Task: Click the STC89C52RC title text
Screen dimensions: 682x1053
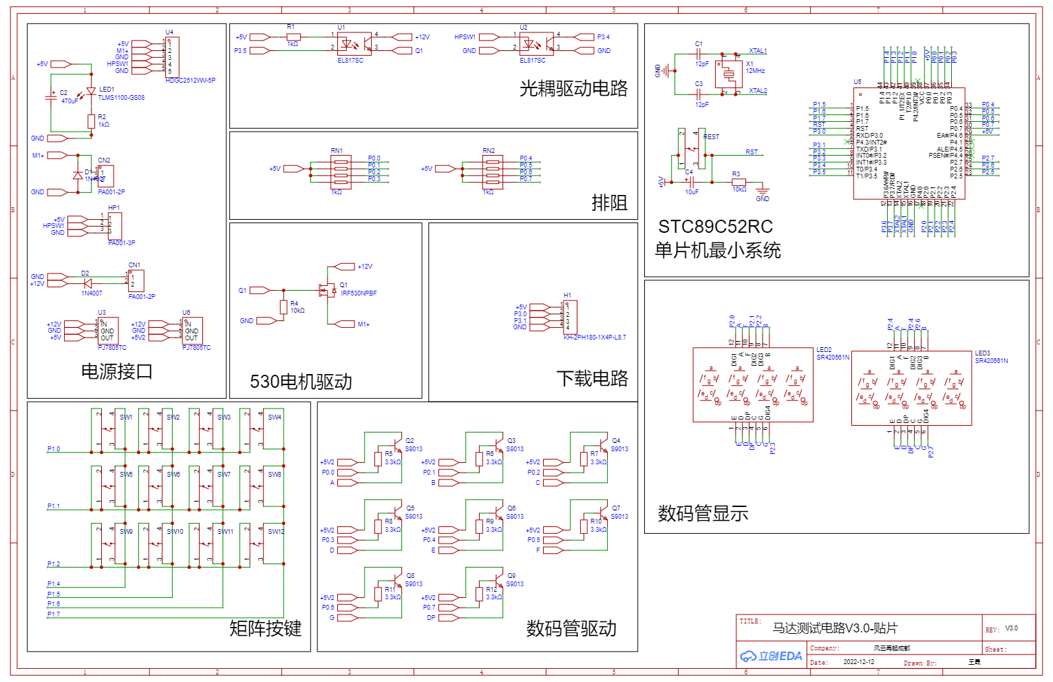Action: (715, 227)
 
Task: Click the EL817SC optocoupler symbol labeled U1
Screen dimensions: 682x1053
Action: (354, 44)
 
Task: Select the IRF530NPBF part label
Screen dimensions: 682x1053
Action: (359, 293)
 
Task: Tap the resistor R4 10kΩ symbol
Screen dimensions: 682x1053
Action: (284, 307)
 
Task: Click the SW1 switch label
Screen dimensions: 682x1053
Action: (126, 417)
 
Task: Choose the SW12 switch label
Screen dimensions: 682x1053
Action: (276, 532)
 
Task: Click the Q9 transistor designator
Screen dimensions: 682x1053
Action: (511, 576)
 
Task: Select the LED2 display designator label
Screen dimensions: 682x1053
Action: (824, 350)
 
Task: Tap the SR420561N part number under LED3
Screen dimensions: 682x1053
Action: (991, 361)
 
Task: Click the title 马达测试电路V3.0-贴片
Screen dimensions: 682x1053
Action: (835, 628)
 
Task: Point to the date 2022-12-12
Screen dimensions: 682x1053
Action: (859, 662)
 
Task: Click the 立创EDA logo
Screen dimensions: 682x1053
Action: (771, 656)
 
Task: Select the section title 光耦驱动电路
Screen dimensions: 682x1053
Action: (573, 88)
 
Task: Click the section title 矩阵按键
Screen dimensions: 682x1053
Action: (265, 628)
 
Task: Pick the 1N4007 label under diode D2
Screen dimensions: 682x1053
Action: (92, 293)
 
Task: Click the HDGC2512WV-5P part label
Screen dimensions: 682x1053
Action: (190, 81)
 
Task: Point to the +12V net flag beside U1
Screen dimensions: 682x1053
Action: (422, 37)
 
